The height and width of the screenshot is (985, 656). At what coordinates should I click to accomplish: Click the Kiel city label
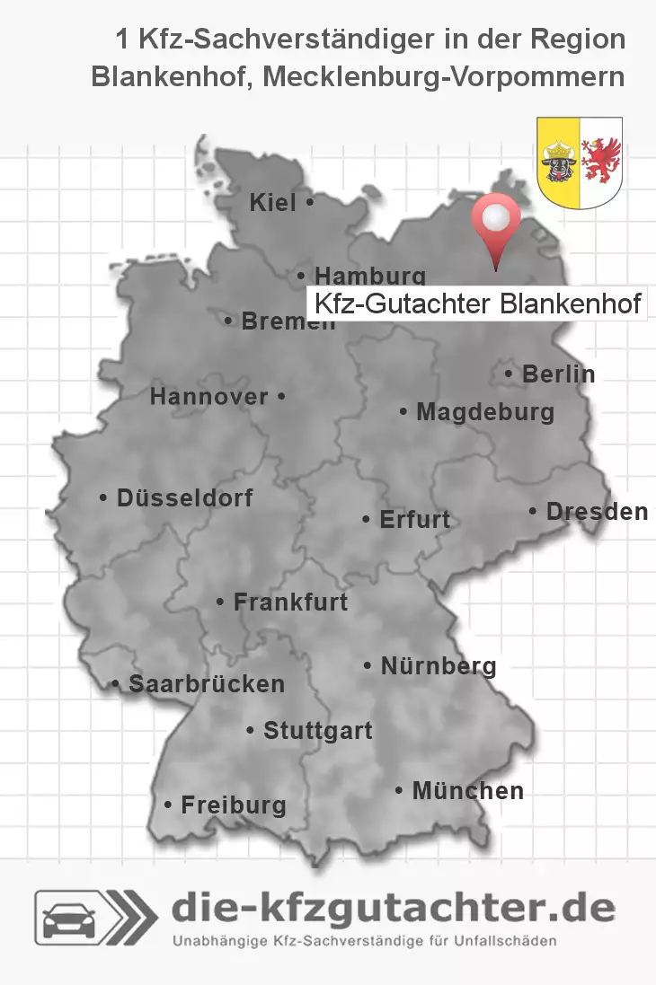click(273, 204)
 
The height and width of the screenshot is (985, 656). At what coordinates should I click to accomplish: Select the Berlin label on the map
click(557, 374)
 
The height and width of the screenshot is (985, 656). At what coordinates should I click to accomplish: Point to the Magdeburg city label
click(484, 413)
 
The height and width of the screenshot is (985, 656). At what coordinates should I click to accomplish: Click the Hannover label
click(210, 397)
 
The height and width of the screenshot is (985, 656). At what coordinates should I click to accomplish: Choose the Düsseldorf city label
click(184, 497)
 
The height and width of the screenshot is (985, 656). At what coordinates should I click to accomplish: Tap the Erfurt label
click(415, 519)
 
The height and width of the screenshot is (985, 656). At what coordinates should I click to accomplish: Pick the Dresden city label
click(596, 512)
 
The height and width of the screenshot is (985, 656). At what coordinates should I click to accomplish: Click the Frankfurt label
click(289, 602)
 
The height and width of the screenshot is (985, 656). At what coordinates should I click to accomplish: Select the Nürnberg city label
click(438, 666)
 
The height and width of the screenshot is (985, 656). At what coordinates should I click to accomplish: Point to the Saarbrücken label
click(206, 684)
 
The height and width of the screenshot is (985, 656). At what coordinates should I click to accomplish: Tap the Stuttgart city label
click(317, 731)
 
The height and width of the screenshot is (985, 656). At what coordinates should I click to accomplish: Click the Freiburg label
click(233, 805)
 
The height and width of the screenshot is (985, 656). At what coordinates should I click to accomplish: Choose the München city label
click(466, 791)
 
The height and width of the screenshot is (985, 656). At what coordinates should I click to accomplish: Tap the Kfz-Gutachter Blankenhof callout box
click(477, 303)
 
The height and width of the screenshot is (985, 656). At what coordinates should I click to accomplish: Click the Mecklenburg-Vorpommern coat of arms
click(580, 162)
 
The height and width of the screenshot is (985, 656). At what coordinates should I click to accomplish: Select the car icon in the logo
click(69, 918)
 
